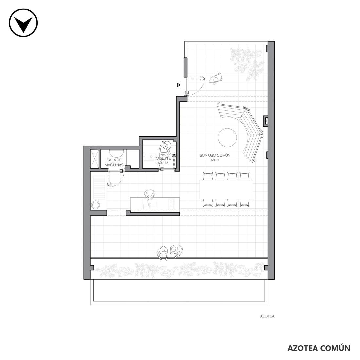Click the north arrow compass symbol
pos(23,23)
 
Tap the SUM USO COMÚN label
pos(215,155)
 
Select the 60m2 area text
pos(215,160)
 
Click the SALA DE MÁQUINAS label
pos(114,162)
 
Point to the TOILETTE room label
pos(162,158)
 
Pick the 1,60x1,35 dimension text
pos(162,163)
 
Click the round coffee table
pos(227,137)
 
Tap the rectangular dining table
pos(226,189)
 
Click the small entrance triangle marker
pos(179,85)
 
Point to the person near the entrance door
pos(216,79)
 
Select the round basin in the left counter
pos(96,205)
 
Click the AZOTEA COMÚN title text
pos(319,348)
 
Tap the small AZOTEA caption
pos(267,316)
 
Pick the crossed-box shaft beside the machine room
pos(94,158)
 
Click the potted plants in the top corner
pos(247,64)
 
